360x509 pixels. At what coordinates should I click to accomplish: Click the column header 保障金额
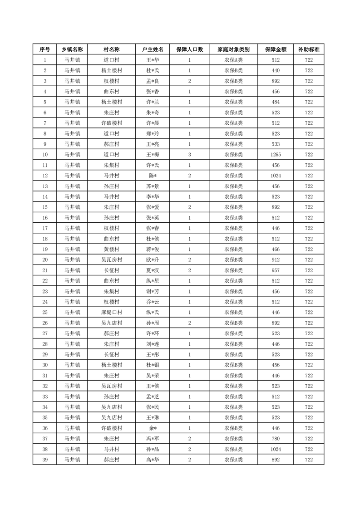coord(275,49)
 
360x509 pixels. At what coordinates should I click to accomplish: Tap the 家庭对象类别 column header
coord(233,49)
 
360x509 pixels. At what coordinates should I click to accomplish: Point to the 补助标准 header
coord(309,49)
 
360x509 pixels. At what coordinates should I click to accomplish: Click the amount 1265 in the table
coord(275,155)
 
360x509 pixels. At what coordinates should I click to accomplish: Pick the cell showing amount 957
coord(275,270)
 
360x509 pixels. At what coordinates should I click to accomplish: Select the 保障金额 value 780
coord(275,439)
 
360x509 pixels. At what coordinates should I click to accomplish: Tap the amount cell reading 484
coord(275,102)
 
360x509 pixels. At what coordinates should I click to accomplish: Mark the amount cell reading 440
coord(275,70)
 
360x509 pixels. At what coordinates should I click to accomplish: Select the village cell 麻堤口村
coord(111,313)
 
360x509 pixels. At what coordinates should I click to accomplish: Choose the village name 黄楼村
coord(111,250)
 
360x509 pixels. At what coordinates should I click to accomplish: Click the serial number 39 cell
coord(45,460)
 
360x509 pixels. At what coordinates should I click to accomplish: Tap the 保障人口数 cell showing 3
coord(189,155)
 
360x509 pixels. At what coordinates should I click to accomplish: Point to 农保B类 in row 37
coord(233,439)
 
